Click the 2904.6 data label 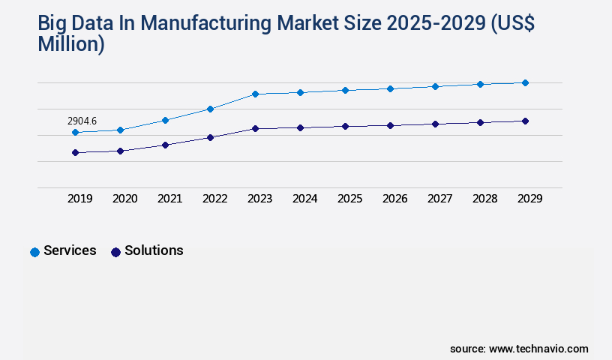[82, 121]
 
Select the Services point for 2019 [75, 132]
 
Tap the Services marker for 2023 [255, 94]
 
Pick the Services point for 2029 [525, 82]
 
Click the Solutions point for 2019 [75, 152]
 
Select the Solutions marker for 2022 [210, 137]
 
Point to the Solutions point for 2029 [525, 121]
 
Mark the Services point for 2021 [165, 120]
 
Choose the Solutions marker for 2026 [390, 125]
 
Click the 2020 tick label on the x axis [124, 199]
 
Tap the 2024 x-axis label [304, 199]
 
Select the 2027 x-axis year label [439, 199]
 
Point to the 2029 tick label [529, 199]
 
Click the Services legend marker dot [34, 252]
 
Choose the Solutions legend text [154, 250]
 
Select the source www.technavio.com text [519, 349]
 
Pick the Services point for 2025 [345, 90]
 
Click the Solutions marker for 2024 [300, 127]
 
